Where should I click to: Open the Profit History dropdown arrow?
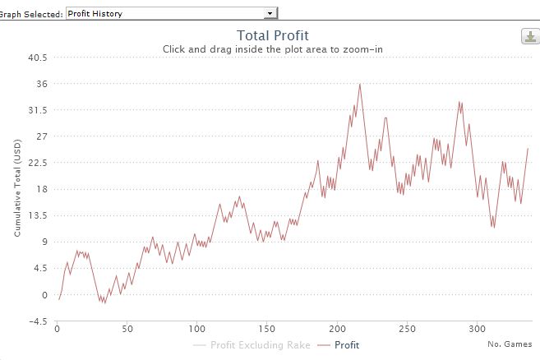click(x=269, y=13)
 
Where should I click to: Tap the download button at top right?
click(x=529, y=37)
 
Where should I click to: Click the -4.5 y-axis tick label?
click(x=39, y=321)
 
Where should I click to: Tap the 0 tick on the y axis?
click(x=46, y=294)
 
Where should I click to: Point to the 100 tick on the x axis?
click(x=196, y=329)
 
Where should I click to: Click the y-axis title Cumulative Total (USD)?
click(x=17, y=187)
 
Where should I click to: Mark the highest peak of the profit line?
click(x=359, y=84)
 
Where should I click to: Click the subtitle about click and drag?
click(x=272, y=49)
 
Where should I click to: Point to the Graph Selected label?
click(x=31, y=13)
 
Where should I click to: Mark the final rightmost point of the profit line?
click(x=528, y=148)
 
